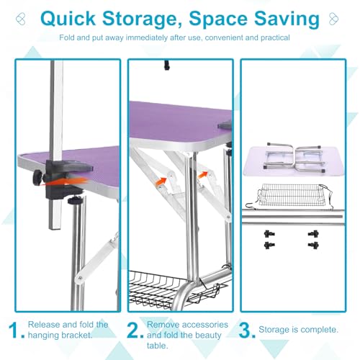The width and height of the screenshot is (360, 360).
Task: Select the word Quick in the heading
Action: [x=68, y=18]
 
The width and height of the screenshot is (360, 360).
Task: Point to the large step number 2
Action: [x=135, y=330]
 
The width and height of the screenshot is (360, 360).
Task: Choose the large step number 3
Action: [x=247, y=330]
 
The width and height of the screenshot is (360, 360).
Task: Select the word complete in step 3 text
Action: [x=319, y=330]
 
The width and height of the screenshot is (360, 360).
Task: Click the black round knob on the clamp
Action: [x=38, y=178]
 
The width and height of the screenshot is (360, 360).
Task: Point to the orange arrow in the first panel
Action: [x=63, y=181]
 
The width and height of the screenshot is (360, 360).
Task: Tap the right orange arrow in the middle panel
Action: [x=202, y=175]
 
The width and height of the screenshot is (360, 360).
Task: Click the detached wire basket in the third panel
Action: [x=290, y=197]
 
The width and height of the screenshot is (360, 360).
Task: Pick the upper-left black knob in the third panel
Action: [x=269, y=234]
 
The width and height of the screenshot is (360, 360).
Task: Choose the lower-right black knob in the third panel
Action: [x=313, y=246]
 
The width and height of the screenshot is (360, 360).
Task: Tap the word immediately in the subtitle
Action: [x=147, y=37]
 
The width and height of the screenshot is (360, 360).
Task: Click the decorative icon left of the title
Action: [x=21, y=19]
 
